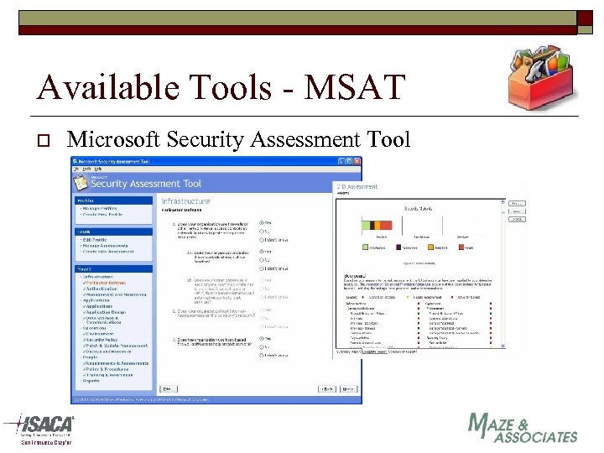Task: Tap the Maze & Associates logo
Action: click(522, 428)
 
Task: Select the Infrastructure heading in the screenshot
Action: click(185, 200)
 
